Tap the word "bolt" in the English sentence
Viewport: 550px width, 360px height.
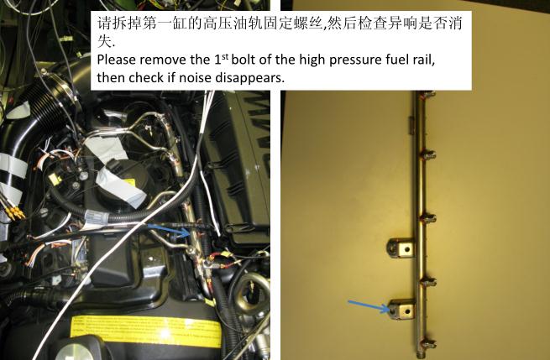(x=244, y=60)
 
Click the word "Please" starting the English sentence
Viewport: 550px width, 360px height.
(x=117, y=60)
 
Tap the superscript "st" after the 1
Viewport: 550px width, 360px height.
(x=225, y=56)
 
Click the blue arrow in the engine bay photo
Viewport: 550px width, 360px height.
(x=168, y=229)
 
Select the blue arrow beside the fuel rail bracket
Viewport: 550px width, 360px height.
(x=369, y=305)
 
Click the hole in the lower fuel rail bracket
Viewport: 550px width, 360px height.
(x=407, y=310)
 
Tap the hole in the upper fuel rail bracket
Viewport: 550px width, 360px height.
(x=407, y=249)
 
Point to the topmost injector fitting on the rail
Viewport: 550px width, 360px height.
(x=428, y=94)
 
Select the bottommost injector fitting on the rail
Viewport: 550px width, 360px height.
(x=428, y=344)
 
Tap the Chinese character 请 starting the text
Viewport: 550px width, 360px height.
(x=104, y=23)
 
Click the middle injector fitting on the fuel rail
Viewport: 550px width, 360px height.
(x=428, y=218)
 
